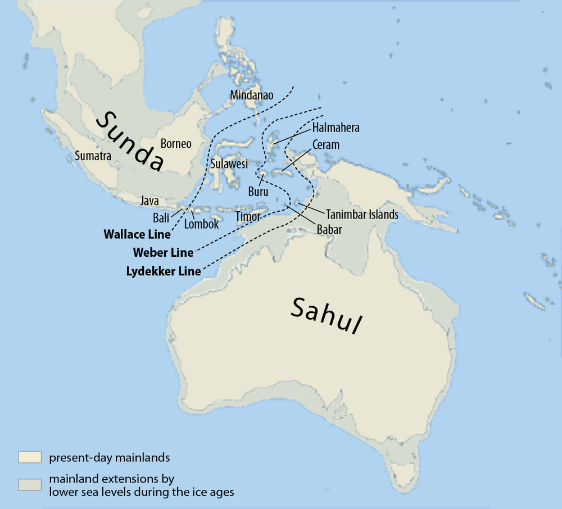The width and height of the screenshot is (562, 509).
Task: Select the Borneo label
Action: pyautogui.click(x=176, y=144)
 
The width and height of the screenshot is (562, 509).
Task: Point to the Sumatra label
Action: pyautogui.click(x=93, y=156)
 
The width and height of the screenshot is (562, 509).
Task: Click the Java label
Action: pyautogui.click(x=149, y=201)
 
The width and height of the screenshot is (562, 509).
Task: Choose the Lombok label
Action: pyautogui.click(x=201, y=224)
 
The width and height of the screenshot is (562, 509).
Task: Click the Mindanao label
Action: pyautogui.click(x=252, y=95)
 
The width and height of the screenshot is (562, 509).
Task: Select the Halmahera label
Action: pyautogui.click(x=336, y=128)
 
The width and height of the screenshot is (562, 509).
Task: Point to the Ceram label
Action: pyautogui.click(x=326, y=145)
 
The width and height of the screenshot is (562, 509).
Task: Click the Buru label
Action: pyautogui.click(x=258, y=192)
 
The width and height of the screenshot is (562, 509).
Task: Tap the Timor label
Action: pyautogui.click(x=248, y=216)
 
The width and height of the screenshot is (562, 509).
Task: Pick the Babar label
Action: pyautogui.click(x=329, y=229)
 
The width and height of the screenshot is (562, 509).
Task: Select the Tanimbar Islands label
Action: pyautogui.click(x=362, y=214)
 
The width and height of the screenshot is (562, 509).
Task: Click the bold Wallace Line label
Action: pyautogui.click(x=137, y=234)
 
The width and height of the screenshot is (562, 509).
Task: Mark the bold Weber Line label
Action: pyautogui.click(x=163, y=252)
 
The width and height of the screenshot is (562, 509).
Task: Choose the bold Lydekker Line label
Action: pyautogui.click(x=164, y=271)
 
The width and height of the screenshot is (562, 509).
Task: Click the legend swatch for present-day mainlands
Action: pyautogui.click(x=30, y=457)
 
